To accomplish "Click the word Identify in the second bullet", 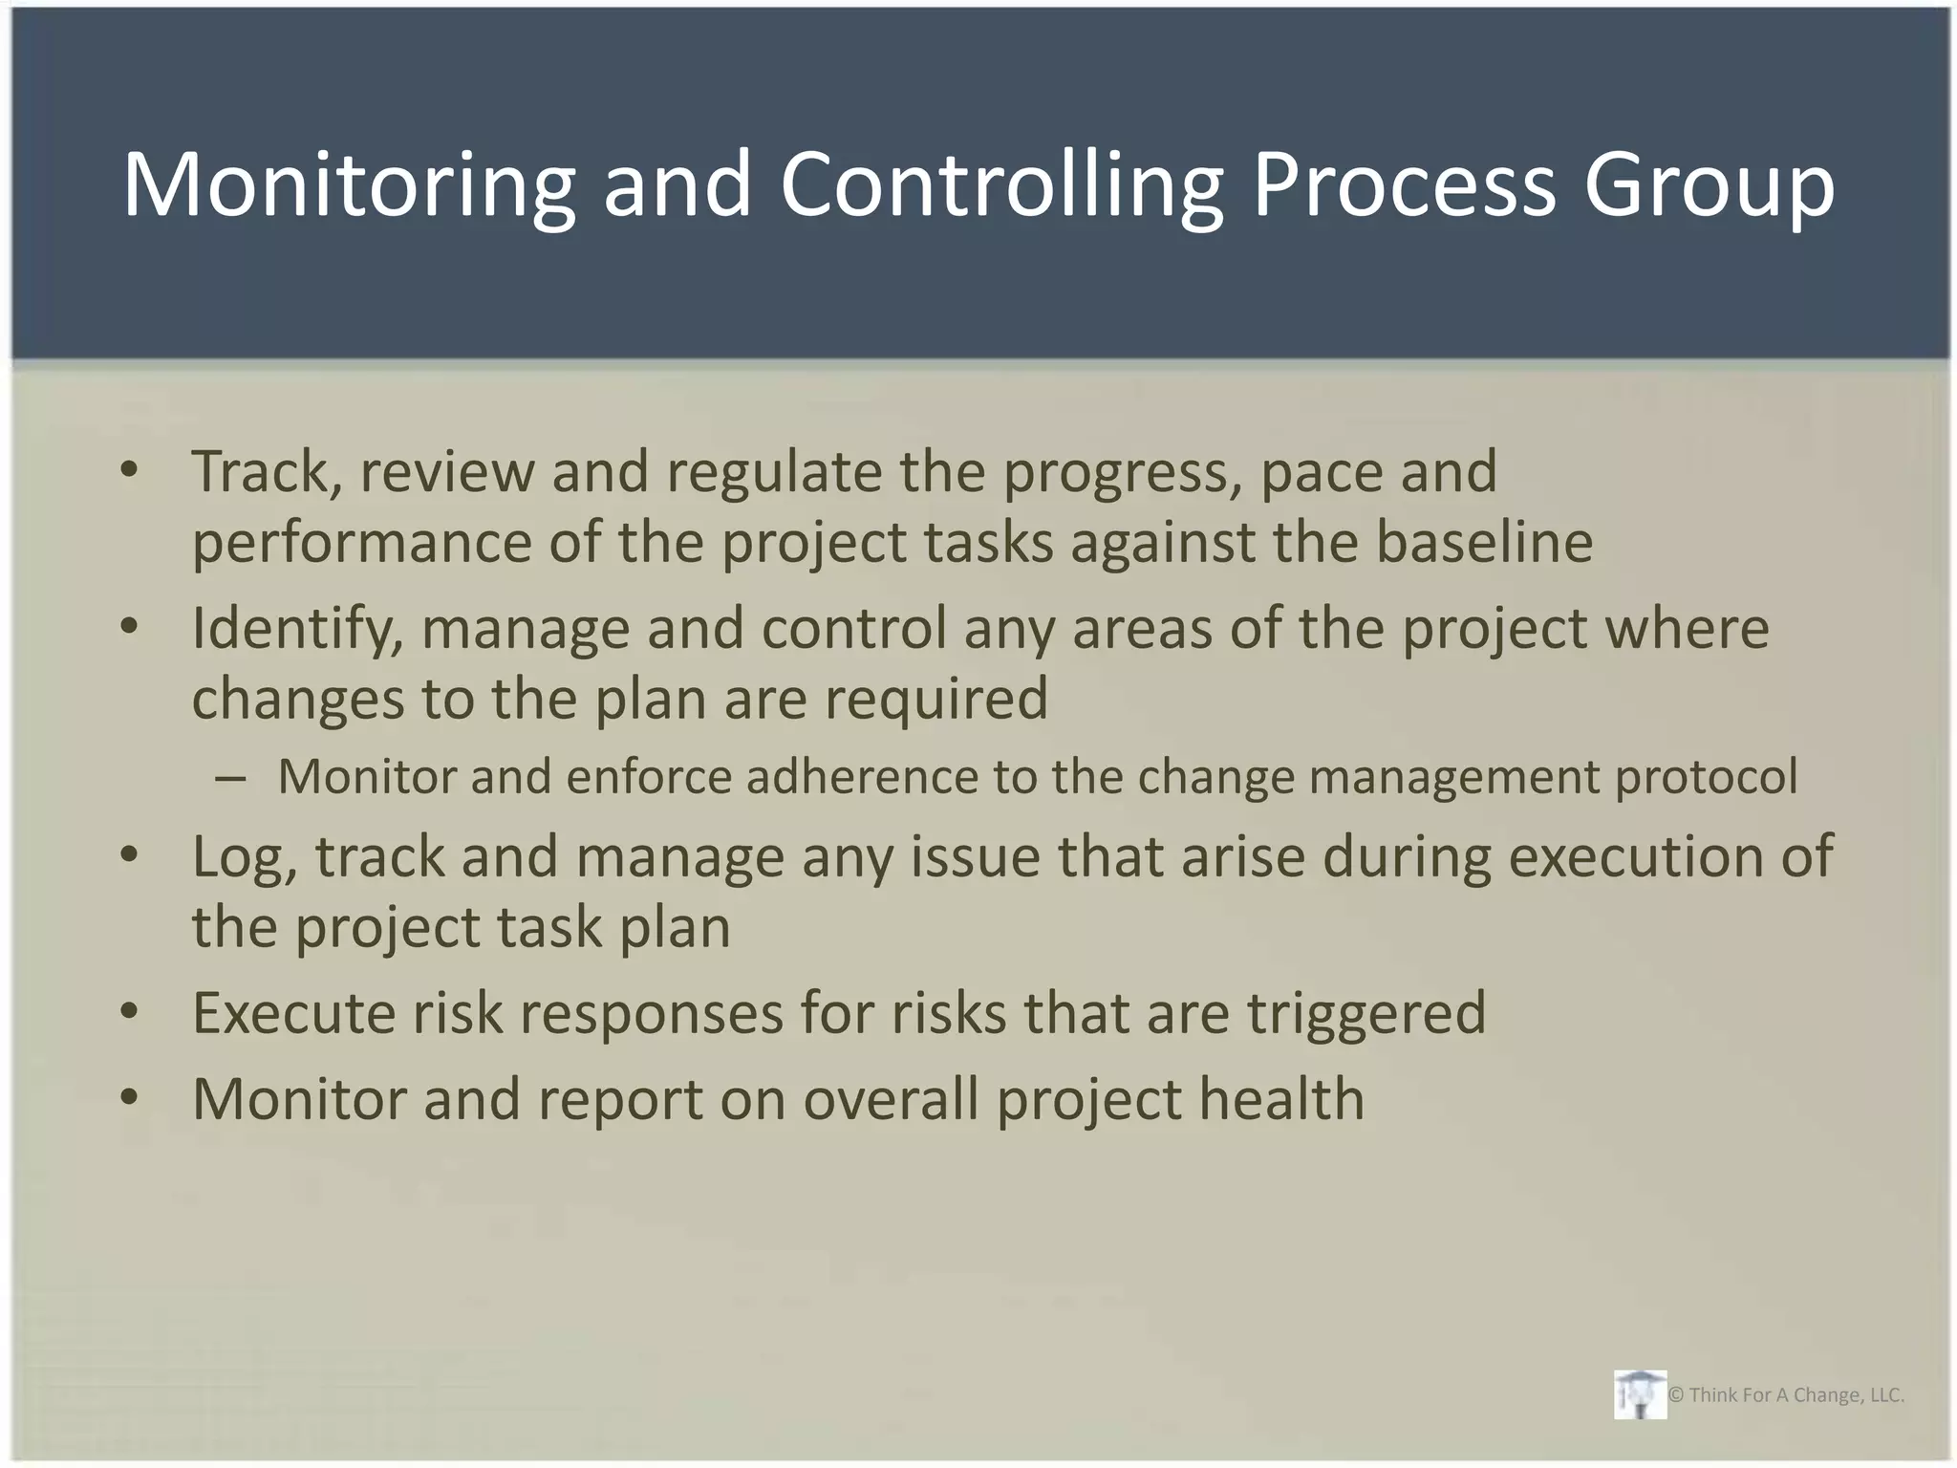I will (297, 629).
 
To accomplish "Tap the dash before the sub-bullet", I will (230, 778).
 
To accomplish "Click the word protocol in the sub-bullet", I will (1706, 776).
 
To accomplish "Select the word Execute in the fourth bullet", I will (293, 1012).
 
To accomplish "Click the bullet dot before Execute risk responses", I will (130, 1011).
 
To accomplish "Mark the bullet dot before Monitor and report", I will (130, 1097).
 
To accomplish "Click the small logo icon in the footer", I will (1640, 1394).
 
